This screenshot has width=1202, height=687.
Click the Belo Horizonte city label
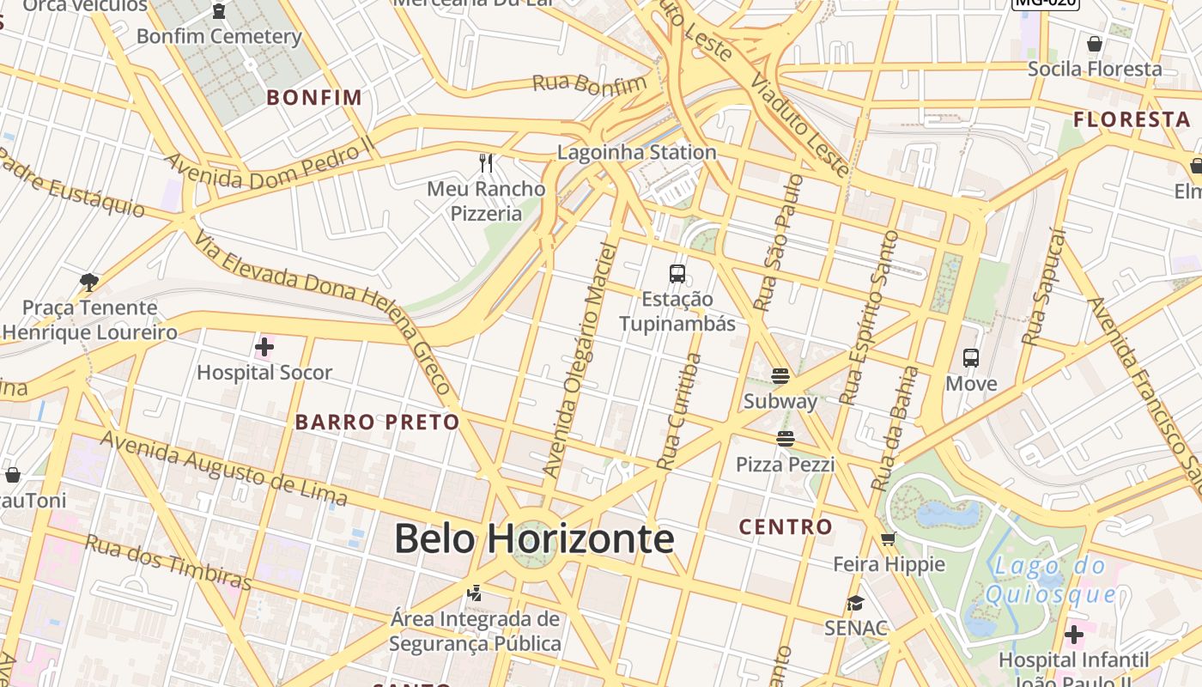coord(533,539)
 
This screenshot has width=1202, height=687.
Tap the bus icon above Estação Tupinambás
coord(677,274)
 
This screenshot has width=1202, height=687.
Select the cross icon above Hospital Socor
coord(264,348)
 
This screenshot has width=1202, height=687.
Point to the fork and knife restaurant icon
coord(487,162)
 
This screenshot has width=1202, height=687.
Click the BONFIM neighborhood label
coord(314,97)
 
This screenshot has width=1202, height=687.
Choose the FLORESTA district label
coord(1132,119)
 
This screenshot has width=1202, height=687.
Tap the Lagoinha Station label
coord(636,153)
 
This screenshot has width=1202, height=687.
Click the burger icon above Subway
coord(780,376)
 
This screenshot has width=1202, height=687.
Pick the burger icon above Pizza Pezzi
coord(785,440)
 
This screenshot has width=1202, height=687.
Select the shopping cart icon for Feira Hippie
coord(889,539)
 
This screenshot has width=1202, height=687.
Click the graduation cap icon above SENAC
coord(855,603)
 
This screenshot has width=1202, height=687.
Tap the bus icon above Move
coord(971,358)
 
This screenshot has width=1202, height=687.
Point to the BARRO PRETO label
coord(378,423)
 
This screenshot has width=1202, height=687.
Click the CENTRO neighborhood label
coord(786,526)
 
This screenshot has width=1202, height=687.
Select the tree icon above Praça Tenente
coord(88,282)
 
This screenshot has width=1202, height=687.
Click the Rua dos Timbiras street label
coord(168,563)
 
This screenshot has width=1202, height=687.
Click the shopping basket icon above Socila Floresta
coord(1095,44)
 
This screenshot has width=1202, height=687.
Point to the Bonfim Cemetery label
coord(219,37)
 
